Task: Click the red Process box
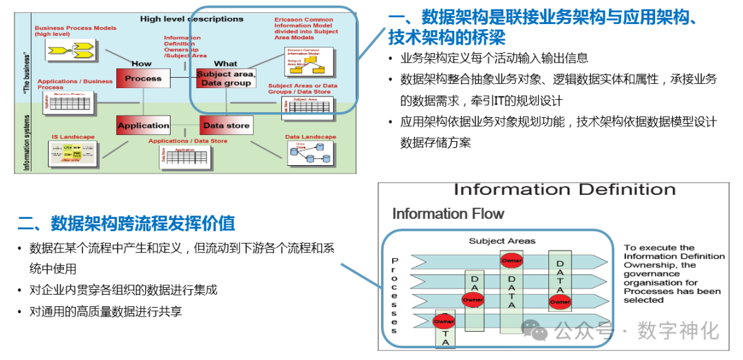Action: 143,78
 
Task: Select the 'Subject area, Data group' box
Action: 226,78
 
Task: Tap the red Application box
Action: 143,125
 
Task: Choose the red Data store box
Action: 226,125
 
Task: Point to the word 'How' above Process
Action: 142,63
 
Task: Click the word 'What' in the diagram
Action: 226,63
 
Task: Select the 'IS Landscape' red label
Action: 73,137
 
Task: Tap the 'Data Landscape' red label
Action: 311,137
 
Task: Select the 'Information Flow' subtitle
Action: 448,213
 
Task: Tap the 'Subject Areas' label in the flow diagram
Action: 502,241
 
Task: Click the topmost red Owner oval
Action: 511,260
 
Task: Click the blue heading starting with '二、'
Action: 126,223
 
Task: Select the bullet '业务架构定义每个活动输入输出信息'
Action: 494,58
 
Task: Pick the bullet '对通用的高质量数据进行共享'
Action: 105,311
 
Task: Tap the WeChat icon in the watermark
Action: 535,331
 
